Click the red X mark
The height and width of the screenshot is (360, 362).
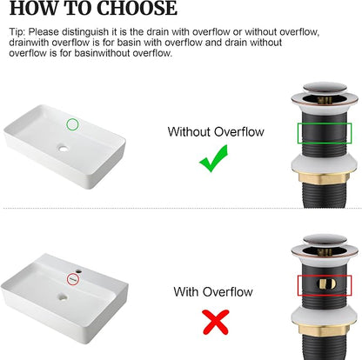(x=216, y=322)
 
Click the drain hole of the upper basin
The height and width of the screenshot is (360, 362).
(x=63, y=149)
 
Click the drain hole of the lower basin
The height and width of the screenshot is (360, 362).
(x=63, y=297)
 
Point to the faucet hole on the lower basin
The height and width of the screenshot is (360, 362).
(x=78, y=272)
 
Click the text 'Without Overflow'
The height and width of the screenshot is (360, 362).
(x=216, y=132)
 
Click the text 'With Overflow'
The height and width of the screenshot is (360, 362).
(x=213, y=291)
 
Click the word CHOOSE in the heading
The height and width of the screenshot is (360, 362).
(x=137, y=8)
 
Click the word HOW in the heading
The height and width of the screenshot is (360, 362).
(x=33, y=8)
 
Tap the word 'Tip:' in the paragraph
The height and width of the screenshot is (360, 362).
(x=17, y=31)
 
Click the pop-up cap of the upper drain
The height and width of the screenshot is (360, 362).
(x=325, y=87)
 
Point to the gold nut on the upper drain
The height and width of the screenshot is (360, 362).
(x=322, y=177)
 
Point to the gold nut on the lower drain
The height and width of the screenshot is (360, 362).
(x=322, y=330)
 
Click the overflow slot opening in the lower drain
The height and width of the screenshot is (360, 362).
(x=327, y=284)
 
